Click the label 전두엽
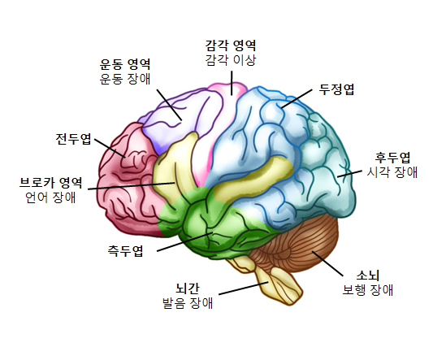click(73, 139)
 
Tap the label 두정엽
click(336, 89)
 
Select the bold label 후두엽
click(392, 157)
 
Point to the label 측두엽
click(125, 251)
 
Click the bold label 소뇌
click(368, 275)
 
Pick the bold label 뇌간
click(188, 288)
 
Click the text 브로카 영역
click(50, 182)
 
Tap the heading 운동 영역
click(125, 64)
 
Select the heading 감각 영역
click(231, 45)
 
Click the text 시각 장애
click(392, 172)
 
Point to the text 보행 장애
click(367, 290)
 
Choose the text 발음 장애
click(188, 303)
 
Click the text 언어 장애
click(50, 197)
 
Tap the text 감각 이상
click(231, 60)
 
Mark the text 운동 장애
click(125, 79)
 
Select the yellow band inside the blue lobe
click(253, 180)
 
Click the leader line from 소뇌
click(327, 263)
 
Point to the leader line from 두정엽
click(297, 99)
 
